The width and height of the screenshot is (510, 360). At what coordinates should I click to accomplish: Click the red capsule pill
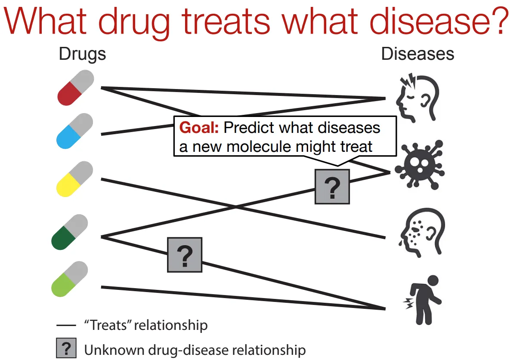pyautogui.click(x=75, y=89)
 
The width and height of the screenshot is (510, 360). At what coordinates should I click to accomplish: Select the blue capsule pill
pyautogui.click(x=75, y=132)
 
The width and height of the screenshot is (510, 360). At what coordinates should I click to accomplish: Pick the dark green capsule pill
pyautogui.click(x=69, y=233)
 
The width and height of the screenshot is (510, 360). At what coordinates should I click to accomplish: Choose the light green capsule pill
pyautogui.click(x=69, y=279)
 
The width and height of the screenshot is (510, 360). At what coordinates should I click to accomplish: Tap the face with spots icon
pyautogui.click(x=419, y=235)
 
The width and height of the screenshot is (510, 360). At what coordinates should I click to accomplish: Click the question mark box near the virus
pyautogui.click(x=332, y=186)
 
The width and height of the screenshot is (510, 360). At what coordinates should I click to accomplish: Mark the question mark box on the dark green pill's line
pyautogui.click(x=184, y=255)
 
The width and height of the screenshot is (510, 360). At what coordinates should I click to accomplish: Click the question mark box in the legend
pyautogui.click(x=66, y=348)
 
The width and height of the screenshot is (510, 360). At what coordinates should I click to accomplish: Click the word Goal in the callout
pyautogui.click(x=199, y=128)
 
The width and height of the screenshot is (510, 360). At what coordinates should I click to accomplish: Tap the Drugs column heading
pyautogui.click(x=82, y=55)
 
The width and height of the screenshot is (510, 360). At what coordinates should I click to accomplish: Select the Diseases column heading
pyautogui.click(x=417, y=55)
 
